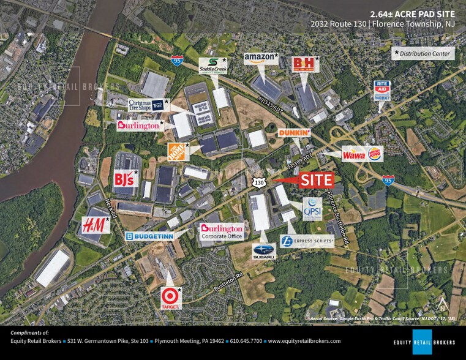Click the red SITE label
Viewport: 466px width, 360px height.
tap(317, 180)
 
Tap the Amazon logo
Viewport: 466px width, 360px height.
tap(260, 58)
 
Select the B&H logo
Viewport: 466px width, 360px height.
tap(304, 62)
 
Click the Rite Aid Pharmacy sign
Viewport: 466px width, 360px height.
tap(383, 91)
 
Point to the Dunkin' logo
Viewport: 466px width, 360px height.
tap(295, 133)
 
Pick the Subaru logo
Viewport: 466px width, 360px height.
tap(263, 250)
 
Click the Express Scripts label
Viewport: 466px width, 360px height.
tap(307, 241)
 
